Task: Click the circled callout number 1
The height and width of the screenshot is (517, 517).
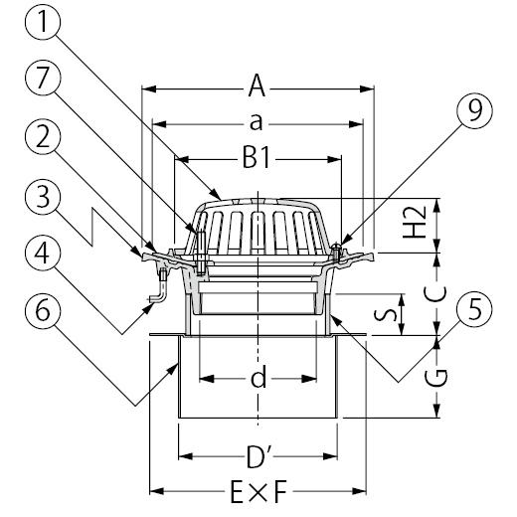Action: click(43, 22)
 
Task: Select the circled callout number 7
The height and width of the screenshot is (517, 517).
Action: click(43, 79)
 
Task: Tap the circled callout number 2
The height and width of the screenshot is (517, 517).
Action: click(43, 137)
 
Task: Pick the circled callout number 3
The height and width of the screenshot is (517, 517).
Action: click(43, 197)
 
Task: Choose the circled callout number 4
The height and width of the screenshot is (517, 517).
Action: click(43, 254)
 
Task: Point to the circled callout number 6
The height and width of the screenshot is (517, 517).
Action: click(43, 311)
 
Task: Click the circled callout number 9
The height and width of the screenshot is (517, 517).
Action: click(474, 110)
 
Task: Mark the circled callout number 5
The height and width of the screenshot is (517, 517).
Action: click(474, 309)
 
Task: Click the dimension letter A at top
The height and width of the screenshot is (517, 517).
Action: click(257, 86)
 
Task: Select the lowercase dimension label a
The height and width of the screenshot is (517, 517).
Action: click(256, 122)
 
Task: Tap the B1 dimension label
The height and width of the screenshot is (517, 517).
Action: click(257, 158)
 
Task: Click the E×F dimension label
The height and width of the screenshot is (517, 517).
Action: click(258, 491)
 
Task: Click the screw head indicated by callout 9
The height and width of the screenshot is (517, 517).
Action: click(336, 246)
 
